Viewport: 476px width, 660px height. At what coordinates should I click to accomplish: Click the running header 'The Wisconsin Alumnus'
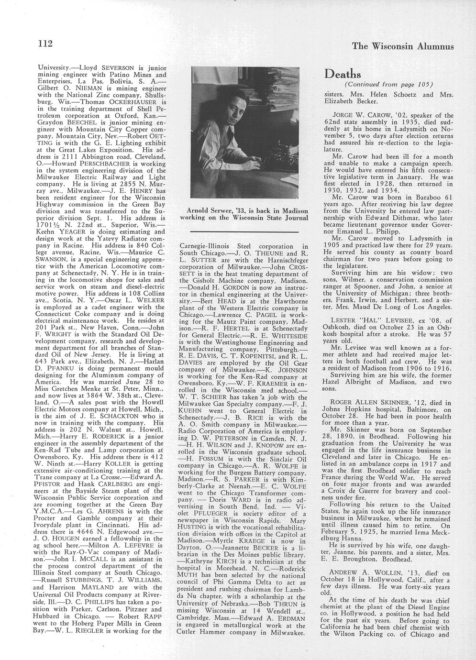pyautogui.click(x=402, y=46)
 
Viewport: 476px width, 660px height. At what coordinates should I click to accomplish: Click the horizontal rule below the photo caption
pyautogui.click(x=243, y=231)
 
